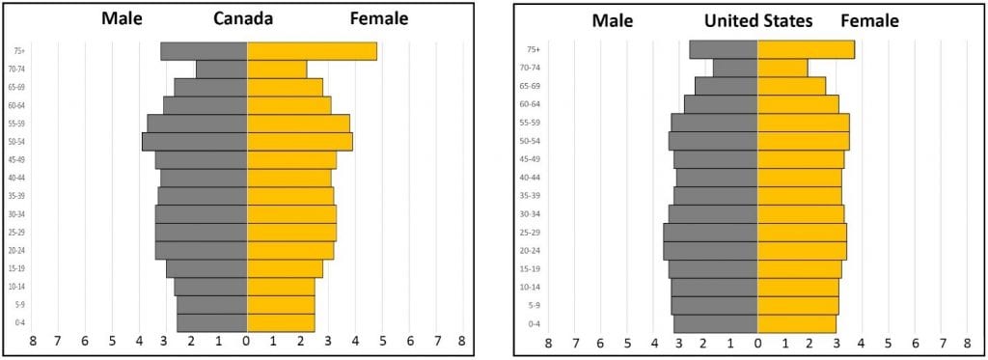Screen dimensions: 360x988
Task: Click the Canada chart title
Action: click(x=243, y=19)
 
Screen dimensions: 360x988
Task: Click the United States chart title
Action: click(x=758, y=20)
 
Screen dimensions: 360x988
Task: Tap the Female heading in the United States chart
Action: click(x=869, y=20)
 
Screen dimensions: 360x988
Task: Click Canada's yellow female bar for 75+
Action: click(x=312, y=51)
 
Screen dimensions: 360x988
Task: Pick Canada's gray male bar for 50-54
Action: click(x=195, y=142)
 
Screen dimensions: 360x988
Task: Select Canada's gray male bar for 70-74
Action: click(x=222, y=69)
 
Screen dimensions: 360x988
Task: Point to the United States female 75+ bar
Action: click(x=806, y=49)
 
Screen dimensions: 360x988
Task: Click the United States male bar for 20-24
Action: click(x=710, y=251)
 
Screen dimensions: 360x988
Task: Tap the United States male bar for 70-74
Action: click(x=735, y=68)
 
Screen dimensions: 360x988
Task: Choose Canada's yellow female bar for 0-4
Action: click(x=281, y=322)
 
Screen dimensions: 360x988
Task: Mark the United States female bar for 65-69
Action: click(x=791, y=86)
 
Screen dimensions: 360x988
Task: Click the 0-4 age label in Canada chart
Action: click(x=19, y=322)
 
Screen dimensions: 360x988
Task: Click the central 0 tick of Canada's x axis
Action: click(x=246, y=341)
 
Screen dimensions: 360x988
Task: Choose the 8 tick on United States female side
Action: click(x=967, y=342)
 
